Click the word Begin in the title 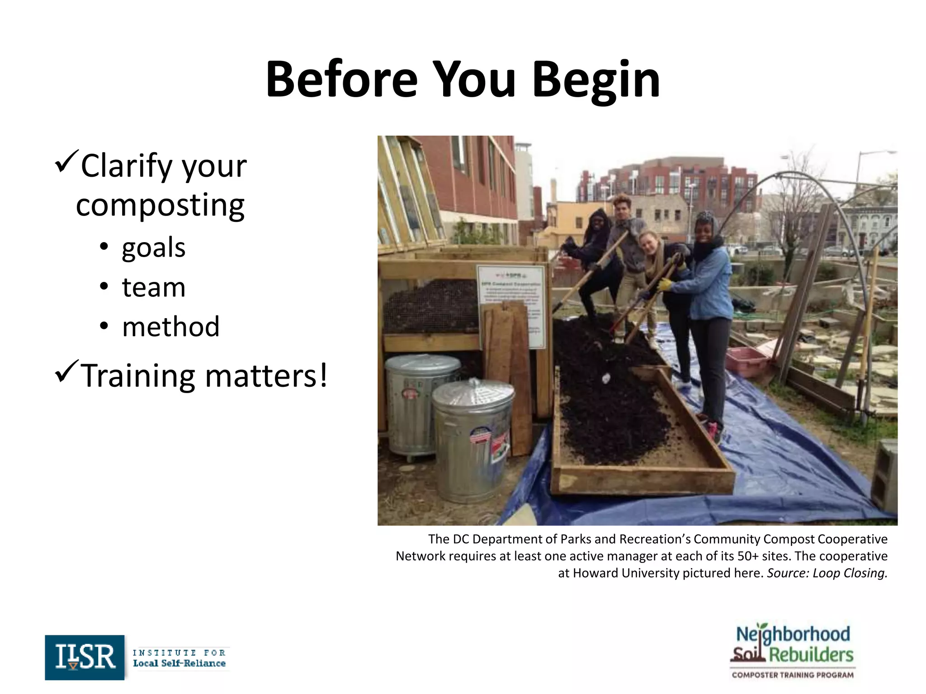pos(596,80)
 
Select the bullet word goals pos(154,248)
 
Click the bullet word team pos(154,287)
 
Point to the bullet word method pos(171,327)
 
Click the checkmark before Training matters pos(66,371)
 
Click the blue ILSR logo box pos(85,657)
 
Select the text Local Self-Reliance pos(179,663)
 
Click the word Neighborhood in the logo pos(793,634)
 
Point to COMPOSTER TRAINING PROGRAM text pos(793,675)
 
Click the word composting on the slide pos(160,205)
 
